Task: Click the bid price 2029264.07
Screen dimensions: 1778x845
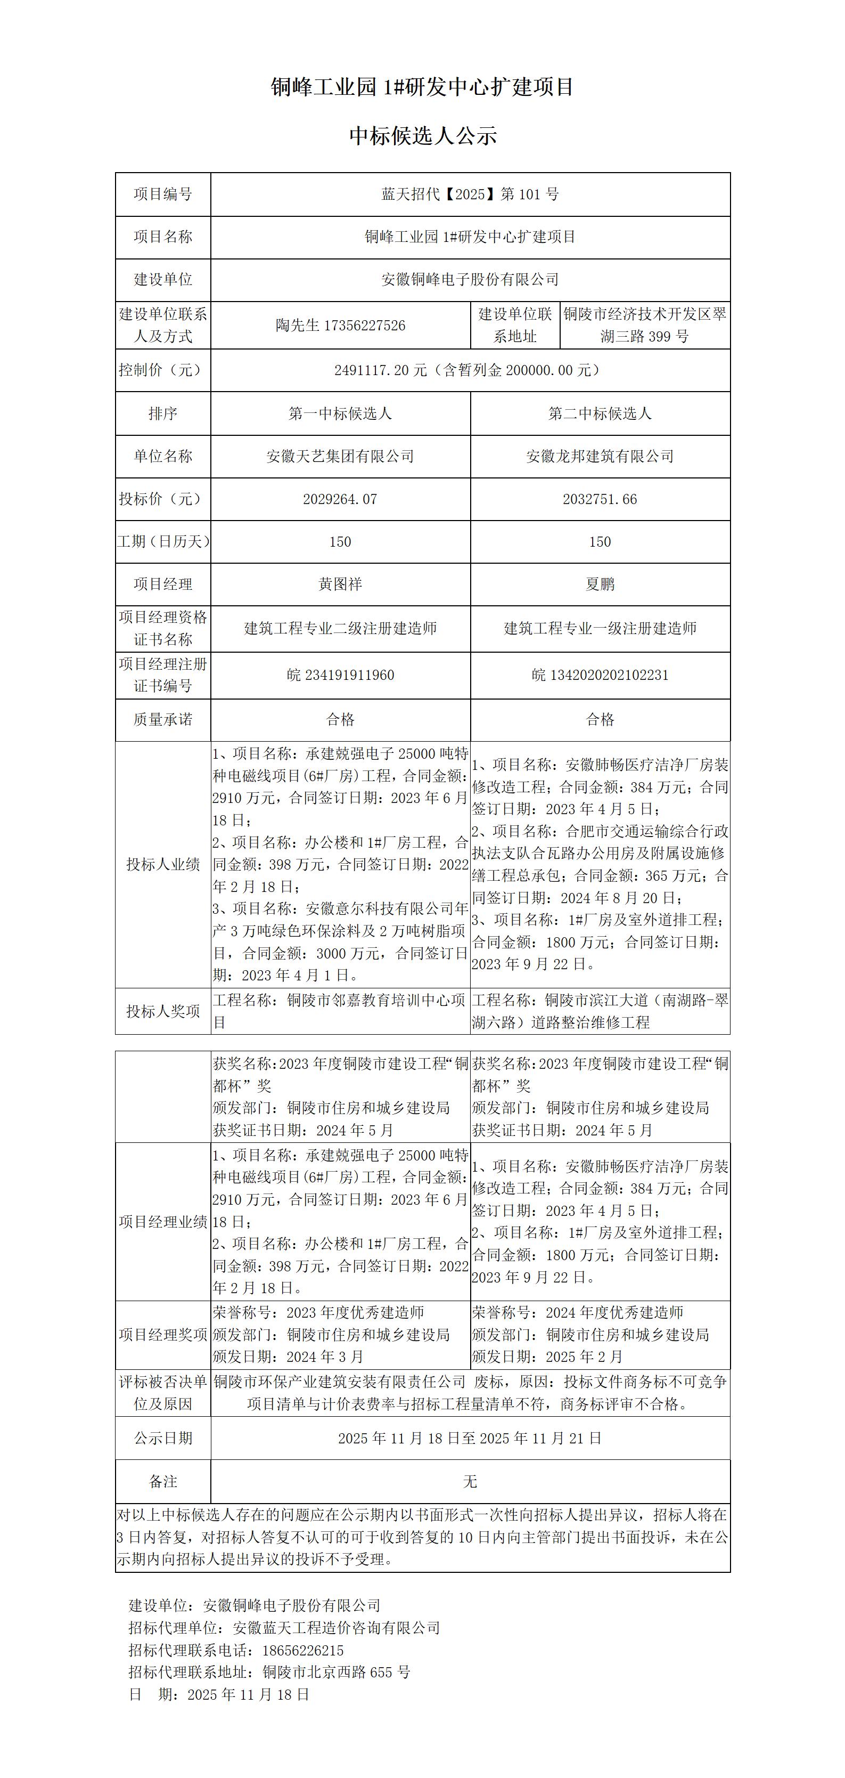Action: pyautogui.click(x=340, y=499)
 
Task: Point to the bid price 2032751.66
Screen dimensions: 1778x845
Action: pyautogui.click(x=600, y=499)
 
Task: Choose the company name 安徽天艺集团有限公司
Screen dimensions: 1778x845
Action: pyautogui.click(x=340, y=456)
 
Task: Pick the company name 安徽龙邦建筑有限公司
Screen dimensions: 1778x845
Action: pyautogui.click(x=600, y=456)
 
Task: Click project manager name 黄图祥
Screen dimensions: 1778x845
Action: pyautogui.click(x=340, y=584)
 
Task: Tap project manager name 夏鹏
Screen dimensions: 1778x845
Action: pyautogui.click(x=600, y=584)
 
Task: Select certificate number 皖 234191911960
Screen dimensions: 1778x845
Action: pyautogui.click(x=340, y=675)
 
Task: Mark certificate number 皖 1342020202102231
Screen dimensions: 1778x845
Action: pyautogui.click(x=600, y=675)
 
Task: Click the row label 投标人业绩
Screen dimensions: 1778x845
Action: pyautogui.click(x=163, y=864)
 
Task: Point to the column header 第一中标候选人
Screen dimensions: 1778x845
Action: pyautogui.click(x=340, y=413)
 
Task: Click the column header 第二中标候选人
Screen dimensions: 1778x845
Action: pyautogui.click(x=600, y=413)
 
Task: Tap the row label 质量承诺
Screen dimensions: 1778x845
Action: pyautogui.click(x=163, y=720)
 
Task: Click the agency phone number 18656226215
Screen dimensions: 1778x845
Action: pyautogui.click(x=303, y=1650)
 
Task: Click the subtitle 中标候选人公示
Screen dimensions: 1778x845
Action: pyautogui.click(x=423, y=136)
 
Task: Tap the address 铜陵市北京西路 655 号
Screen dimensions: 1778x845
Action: pyautogui.click(x=337, y=1673)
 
